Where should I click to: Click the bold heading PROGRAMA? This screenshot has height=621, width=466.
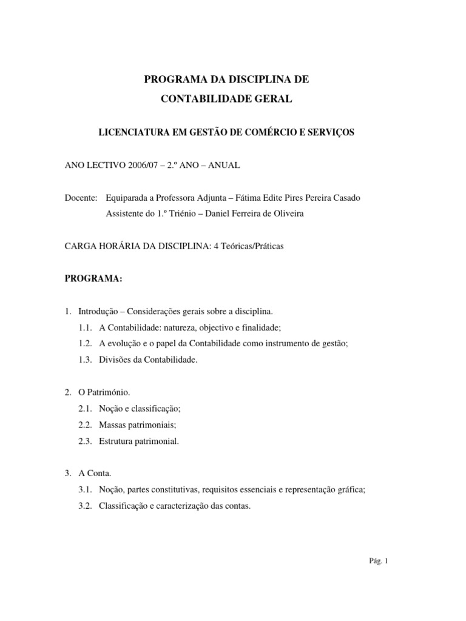pos(93,278)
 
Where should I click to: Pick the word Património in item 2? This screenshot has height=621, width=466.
pos(109,393)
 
